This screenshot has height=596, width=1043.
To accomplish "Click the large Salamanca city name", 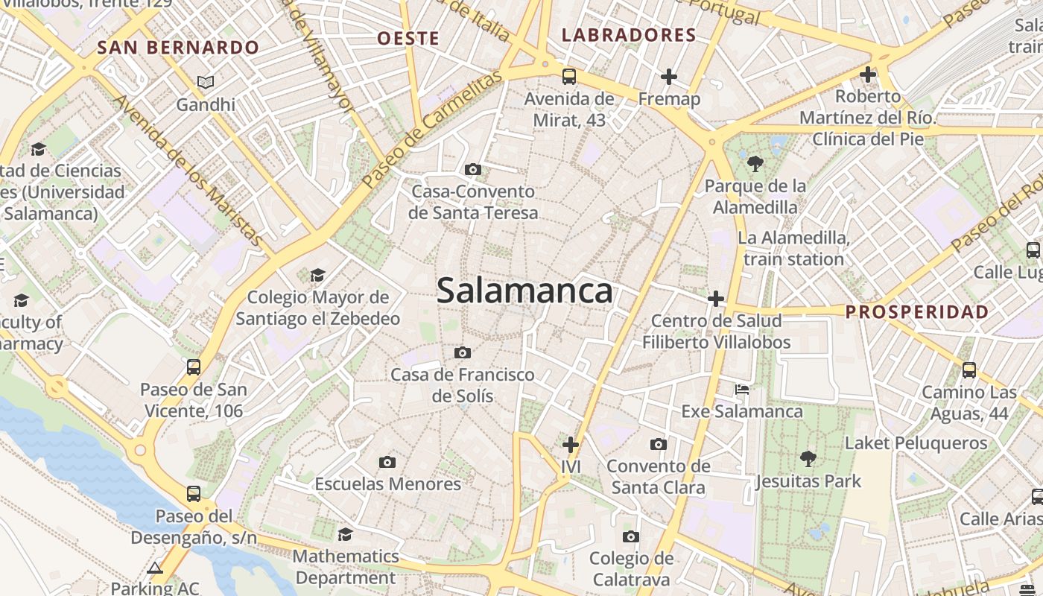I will (524, 291).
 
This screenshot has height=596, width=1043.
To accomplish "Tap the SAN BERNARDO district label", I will (179, 48).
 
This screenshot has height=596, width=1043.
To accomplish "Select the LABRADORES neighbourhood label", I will (629, 35).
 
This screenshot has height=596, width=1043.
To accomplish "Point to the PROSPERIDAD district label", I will (917, 311).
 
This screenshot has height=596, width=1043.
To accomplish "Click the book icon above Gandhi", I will (206, 82).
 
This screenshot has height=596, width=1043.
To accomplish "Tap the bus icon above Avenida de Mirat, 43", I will (569, 76).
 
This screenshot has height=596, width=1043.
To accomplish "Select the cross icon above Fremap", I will (669, 76).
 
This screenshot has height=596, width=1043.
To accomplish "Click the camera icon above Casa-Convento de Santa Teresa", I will (473, 170).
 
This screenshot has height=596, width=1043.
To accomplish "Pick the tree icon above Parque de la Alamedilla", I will (755, 163).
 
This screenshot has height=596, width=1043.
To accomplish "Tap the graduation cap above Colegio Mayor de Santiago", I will (318, 275).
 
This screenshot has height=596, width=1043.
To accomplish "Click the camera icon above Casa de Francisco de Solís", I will (463, 352).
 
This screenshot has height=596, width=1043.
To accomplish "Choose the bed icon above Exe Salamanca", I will (742, 389).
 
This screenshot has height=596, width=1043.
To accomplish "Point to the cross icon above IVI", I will (571, 445).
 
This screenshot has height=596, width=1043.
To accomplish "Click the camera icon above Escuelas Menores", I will (387, 462).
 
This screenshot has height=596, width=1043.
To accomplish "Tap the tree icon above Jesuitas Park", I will (808, 458).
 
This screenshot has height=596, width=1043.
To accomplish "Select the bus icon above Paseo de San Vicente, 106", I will (194, 367).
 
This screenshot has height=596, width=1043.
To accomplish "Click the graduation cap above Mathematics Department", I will (345, 534).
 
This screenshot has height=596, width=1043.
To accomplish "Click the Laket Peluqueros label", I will (916, 443).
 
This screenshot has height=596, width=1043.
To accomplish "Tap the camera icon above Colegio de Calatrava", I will (631, 536).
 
